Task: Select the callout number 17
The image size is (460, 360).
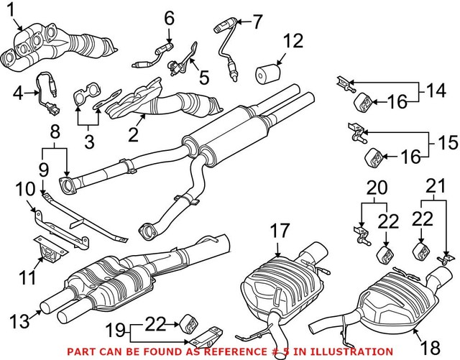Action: tap(278, 231)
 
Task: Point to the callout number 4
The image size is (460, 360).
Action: tap(19, 92)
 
